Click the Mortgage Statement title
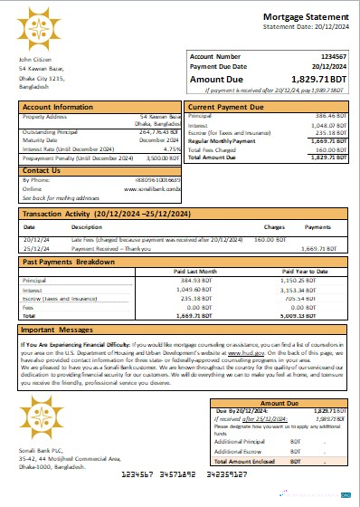(x=303, y=17)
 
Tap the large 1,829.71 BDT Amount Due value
(x=312, y=81)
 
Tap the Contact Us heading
(x=41, y=169)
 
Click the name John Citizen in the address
(x=34, y=60)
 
